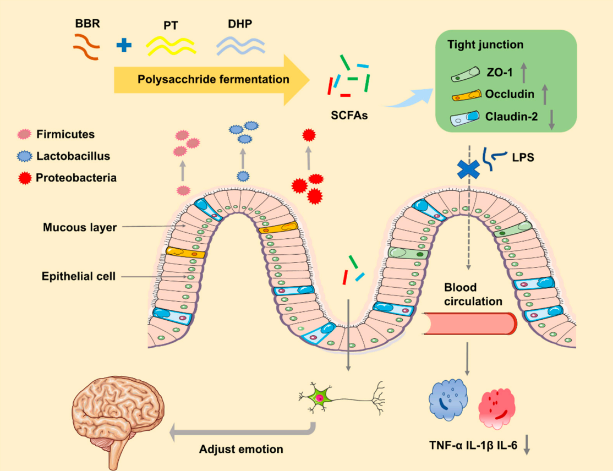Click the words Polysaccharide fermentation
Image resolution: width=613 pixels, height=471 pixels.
214,79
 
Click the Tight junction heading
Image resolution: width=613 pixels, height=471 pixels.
485,45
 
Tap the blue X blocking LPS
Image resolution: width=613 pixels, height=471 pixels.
468,168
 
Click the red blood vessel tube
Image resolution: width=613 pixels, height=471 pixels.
470,322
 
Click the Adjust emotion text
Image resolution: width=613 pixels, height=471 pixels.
241,449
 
